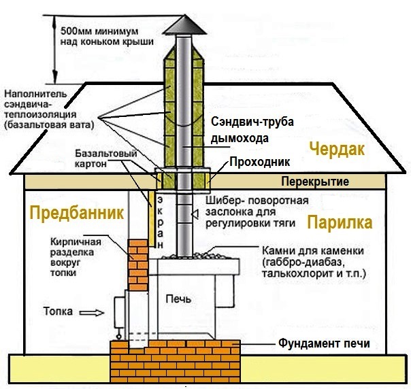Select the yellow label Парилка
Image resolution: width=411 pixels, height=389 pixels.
point(339,223)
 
